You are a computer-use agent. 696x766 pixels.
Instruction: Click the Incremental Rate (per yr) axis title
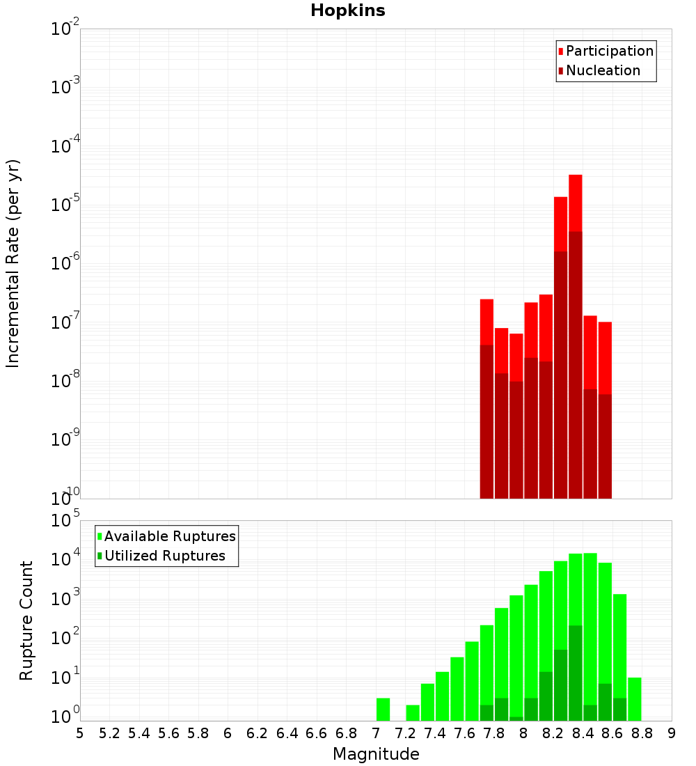(13, 263)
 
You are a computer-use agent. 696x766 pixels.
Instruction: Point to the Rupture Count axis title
(26, 620)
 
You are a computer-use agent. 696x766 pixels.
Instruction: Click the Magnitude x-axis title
(376, 754)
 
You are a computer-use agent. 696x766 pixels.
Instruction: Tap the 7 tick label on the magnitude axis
(376, 733)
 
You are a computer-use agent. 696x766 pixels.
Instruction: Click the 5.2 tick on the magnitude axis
(110, 733)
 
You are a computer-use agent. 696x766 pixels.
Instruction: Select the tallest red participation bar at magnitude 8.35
(575, 202)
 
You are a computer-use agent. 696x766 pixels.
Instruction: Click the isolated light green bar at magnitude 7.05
(383, 709)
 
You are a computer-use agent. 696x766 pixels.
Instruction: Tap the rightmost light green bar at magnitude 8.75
(634, 698)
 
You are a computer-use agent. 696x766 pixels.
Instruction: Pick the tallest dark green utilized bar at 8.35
(575, 672)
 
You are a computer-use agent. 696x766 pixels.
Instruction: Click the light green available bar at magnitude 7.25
(413, 712)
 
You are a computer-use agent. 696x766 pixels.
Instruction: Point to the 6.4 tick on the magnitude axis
(287, 733)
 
